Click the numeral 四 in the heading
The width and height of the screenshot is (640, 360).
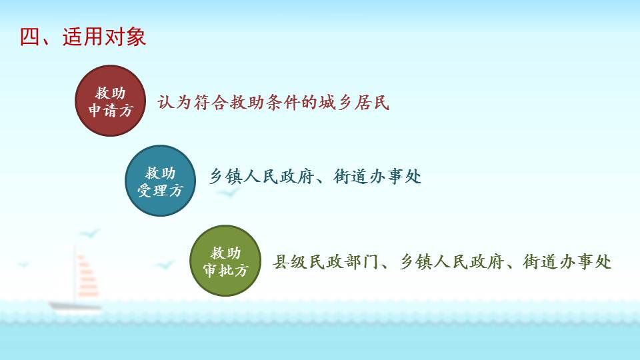30,37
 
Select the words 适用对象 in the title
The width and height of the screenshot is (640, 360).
104,37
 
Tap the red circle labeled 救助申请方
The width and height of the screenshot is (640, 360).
110,101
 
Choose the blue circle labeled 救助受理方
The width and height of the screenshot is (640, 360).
160,181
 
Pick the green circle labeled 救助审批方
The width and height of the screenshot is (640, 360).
225,261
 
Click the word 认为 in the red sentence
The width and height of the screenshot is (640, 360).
174,102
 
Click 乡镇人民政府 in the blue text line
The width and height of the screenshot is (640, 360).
261,176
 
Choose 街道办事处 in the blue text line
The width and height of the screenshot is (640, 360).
377,176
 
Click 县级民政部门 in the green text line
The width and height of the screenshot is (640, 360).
325,261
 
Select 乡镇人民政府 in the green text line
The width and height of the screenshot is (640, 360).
451,261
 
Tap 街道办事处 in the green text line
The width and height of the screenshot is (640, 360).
567,261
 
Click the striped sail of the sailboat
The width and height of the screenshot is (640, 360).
87,275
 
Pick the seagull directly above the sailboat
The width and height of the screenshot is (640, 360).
89,234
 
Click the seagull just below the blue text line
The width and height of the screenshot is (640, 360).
227,191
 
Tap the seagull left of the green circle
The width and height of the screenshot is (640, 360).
165,265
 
